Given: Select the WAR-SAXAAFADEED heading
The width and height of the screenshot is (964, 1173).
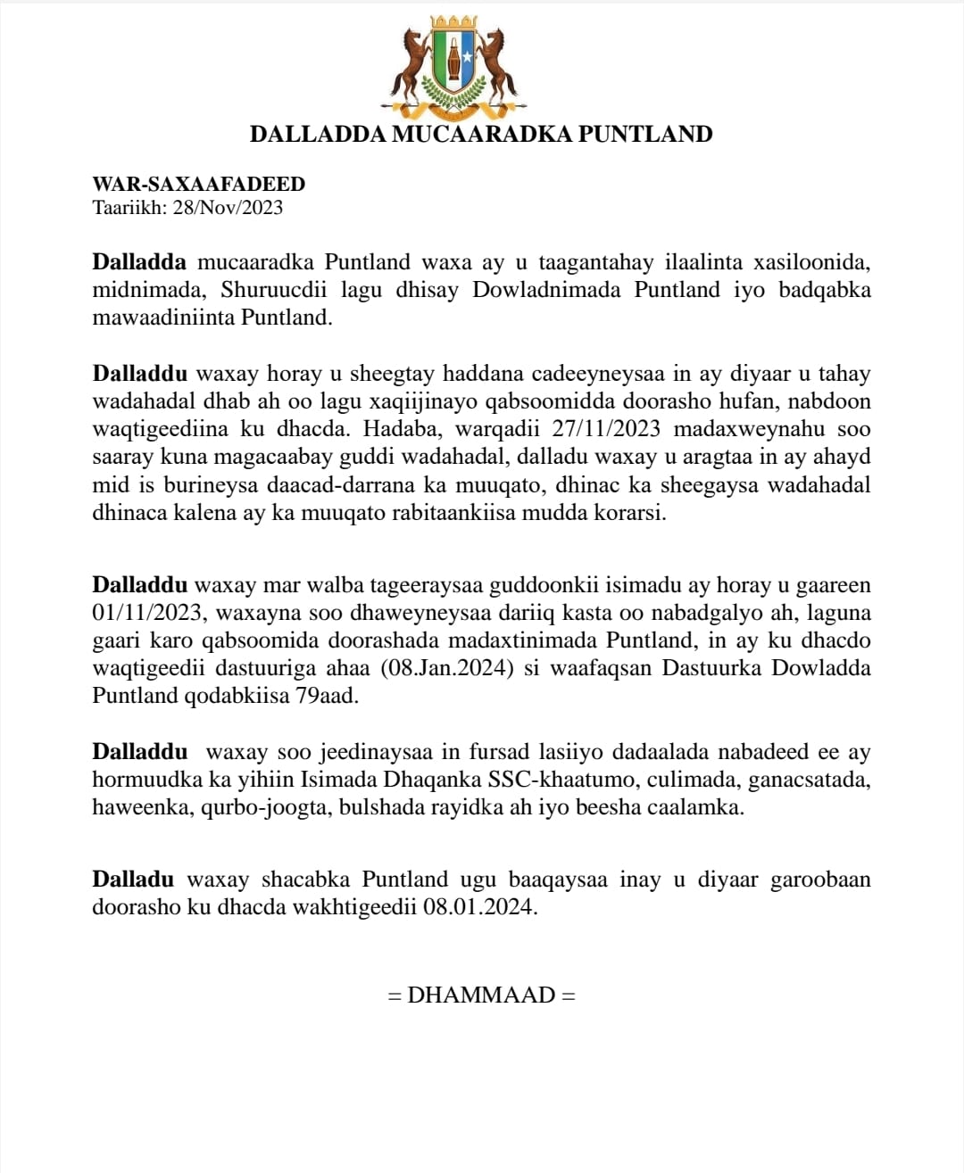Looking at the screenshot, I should pyautogui.click(x=199, y=185).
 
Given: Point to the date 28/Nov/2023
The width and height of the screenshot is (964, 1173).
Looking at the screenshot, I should pyautogui.click(x=228, y=208).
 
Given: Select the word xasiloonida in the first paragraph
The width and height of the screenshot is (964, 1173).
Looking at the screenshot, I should pyautogui.click(x=813, y=263).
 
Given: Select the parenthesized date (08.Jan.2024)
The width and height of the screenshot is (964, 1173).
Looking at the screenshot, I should pyautogui.click(x=445, y=668).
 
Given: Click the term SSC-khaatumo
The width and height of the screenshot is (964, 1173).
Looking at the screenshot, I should pyautogui.click(x=563, y=781).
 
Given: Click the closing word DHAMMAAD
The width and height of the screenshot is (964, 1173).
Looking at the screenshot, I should pyautogui.click(x=481, y=995).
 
